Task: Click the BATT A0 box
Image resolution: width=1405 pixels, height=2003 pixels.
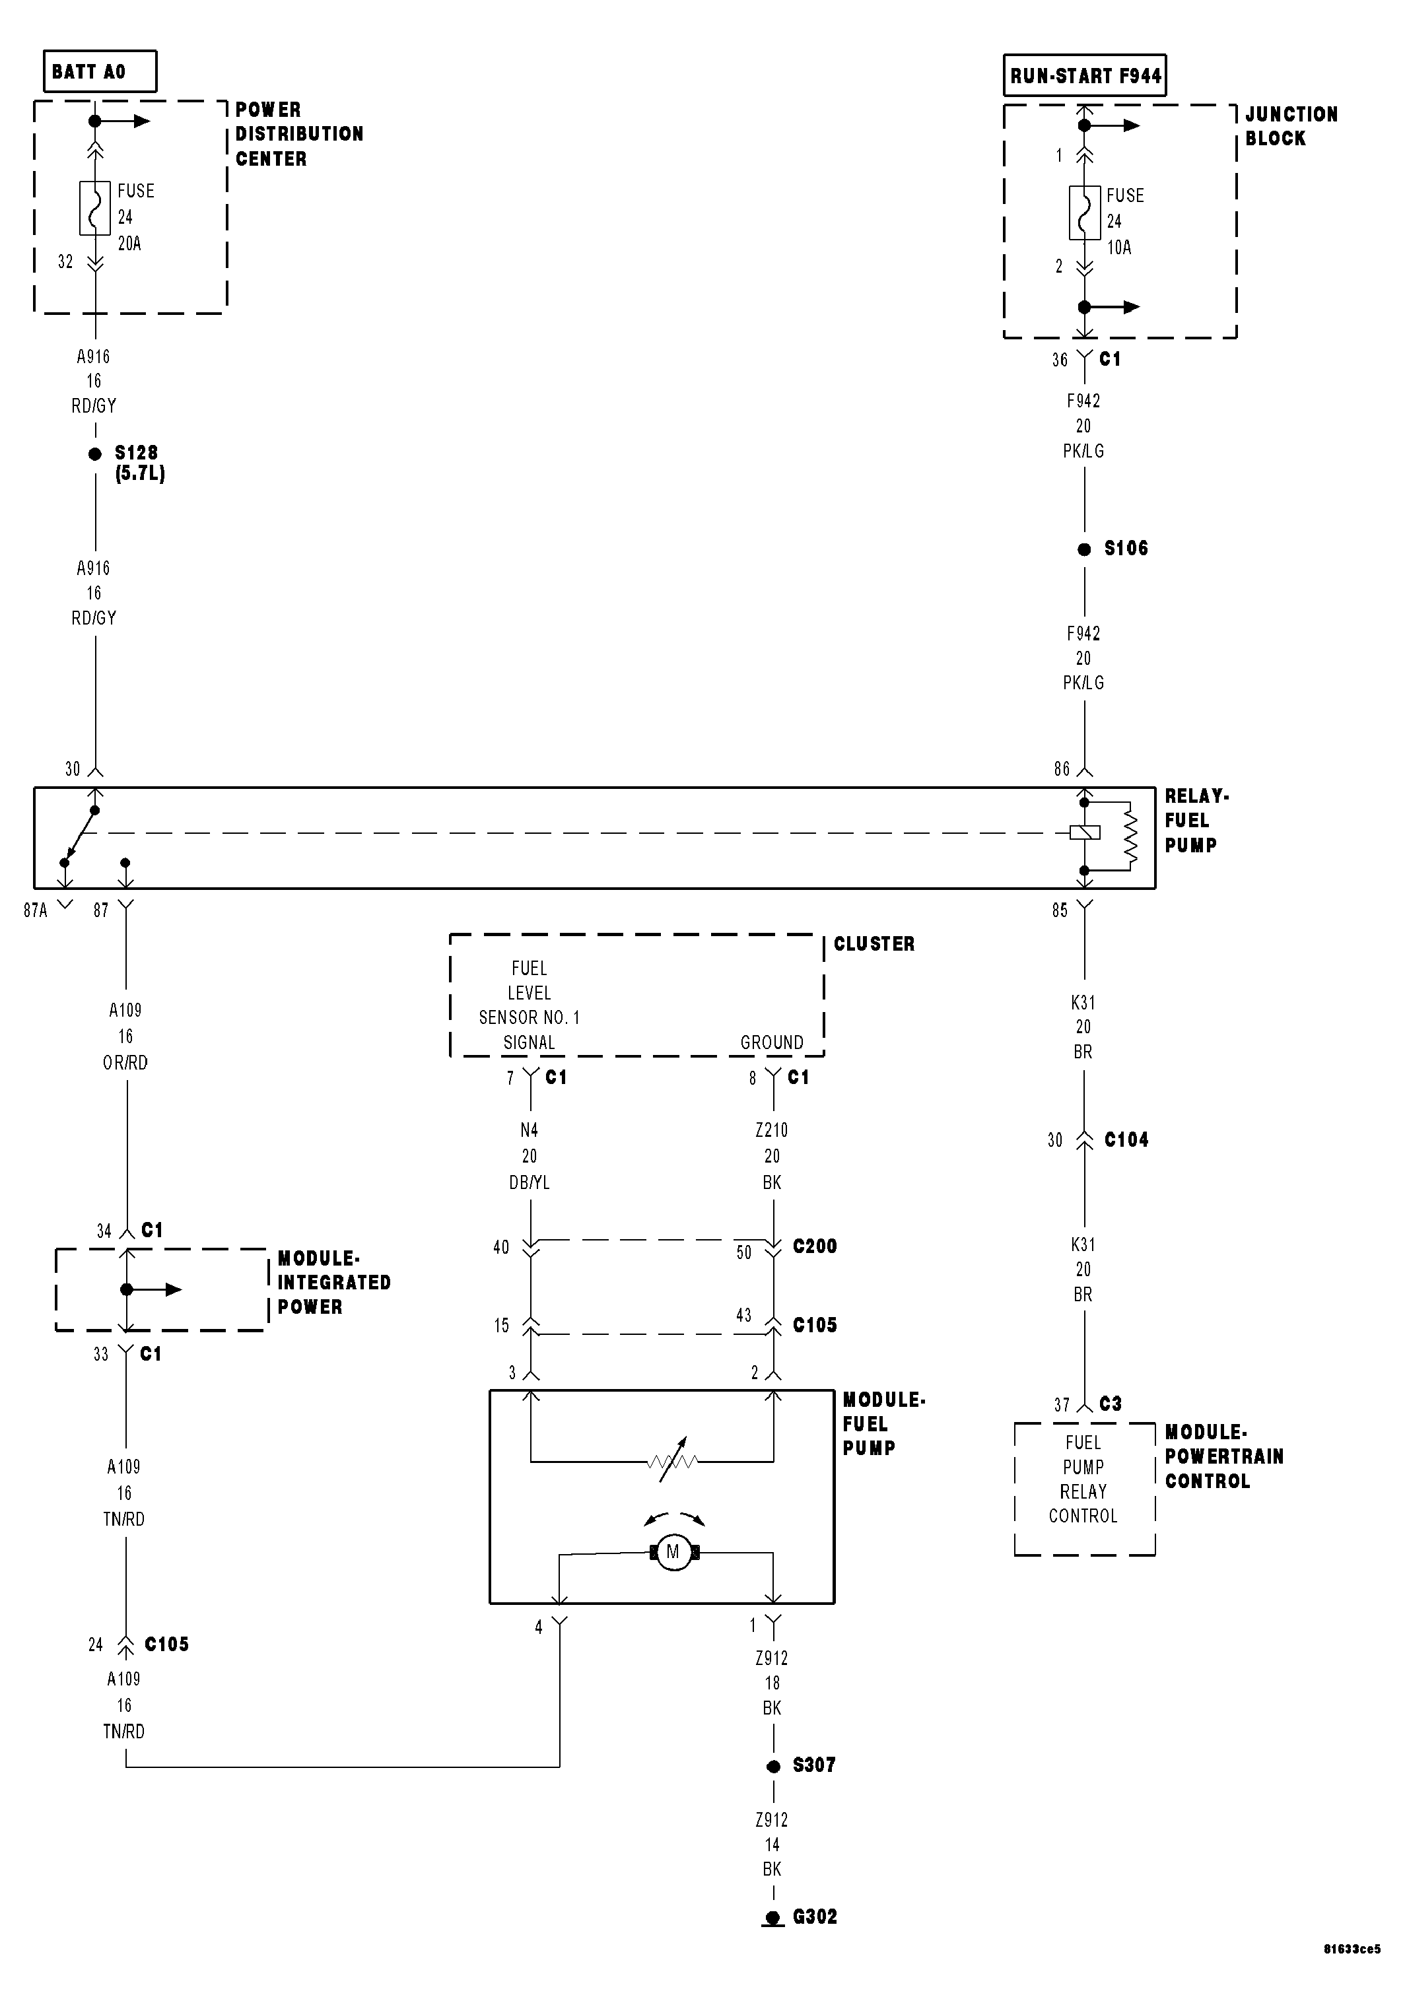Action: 100,71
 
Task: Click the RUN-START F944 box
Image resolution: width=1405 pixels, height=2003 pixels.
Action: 1085,75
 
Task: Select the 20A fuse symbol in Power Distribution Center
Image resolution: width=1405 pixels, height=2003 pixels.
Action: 95,207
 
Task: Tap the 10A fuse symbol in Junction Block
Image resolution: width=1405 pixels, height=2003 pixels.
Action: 1084,212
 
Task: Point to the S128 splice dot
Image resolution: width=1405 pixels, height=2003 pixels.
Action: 95,454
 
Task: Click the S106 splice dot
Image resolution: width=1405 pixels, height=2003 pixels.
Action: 1084,549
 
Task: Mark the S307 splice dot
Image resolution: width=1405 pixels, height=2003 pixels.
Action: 773,1767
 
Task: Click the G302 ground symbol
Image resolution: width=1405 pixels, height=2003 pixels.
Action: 773,1917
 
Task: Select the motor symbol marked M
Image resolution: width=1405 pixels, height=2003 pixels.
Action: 673,1552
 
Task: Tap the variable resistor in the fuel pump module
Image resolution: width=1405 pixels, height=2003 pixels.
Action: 673,1460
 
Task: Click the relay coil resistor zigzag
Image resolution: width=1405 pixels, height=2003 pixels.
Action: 1131,835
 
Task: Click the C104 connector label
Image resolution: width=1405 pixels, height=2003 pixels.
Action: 1126,1139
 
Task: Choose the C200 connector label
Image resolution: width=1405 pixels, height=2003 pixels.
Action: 814,1246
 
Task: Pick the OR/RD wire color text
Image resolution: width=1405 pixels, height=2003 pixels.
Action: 125,1063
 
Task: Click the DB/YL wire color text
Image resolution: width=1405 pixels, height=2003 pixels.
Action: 529,1182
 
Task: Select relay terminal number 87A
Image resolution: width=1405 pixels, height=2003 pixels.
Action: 36,910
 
